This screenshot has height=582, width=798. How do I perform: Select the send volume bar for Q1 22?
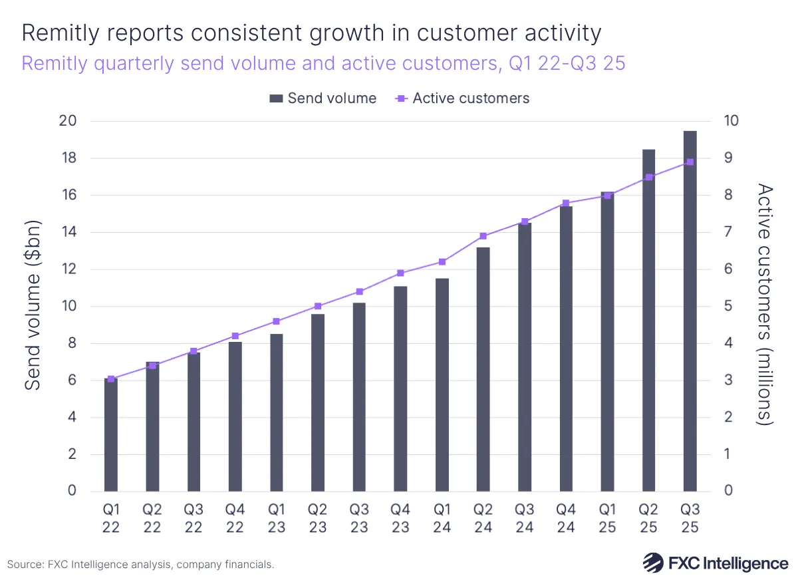coord(111,435)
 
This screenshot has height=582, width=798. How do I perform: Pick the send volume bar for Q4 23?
coord(400,389)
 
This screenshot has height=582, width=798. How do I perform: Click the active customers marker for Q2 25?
coord(649,177)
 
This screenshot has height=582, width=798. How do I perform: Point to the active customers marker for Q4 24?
coord(566,203)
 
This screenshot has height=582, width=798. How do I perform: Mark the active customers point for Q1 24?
coord(442,261)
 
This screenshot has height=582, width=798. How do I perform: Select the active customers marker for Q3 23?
coord(359,291)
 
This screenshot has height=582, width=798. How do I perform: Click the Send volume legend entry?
coord(323,98)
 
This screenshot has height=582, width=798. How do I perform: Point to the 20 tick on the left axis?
coord(68,121)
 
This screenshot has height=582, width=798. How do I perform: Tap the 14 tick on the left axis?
coord(68,232)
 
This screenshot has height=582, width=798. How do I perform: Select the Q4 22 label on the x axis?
coord(235,518)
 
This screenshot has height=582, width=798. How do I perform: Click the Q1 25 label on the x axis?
coord(607,518)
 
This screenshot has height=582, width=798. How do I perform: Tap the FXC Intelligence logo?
coord(715,563)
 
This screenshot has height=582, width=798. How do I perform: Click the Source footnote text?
coord(141,564)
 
